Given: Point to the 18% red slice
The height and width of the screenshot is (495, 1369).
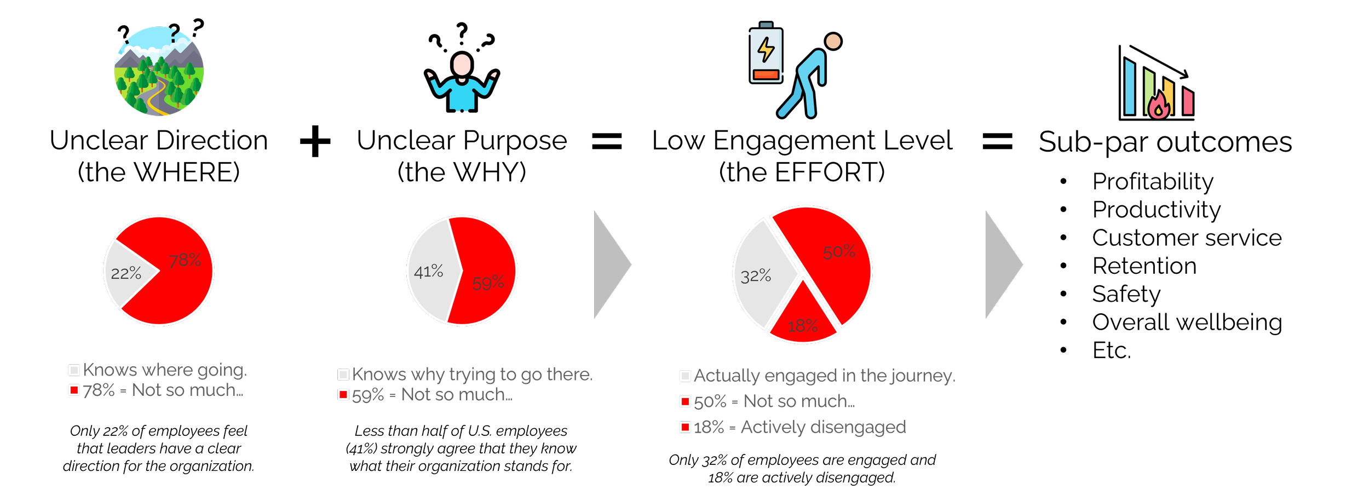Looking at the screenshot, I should tap(803, 320).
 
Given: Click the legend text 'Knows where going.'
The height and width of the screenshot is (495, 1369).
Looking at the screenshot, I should tap(165, 370).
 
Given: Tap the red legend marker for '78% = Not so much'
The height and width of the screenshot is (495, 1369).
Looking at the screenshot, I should tap(74, 390).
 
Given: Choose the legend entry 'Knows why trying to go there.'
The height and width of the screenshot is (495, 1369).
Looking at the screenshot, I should tap(472, 375).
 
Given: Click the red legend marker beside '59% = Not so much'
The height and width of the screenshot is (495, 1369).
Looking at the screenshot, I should tap(343, 395).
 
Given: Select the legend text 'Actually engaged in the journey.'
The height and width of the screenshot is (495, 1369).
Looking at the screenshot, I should tap(824, 376).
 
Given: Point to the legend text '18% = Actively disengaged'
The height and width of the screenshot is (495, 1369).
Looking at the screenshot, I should tap(799, 427).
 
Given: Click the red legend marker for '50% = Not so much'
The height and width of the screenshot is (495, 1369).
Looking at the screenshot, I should tap(685, 402).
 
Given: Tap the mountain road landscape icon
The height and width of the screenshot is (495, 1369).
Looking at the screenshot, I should tap(159, 71).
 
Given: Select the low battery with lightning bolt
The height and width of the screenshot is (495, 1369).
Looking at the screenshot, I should tap(766, 54).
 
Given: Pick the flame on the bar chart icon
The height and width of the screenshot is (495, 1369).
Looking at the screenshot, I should tap(1159, 106).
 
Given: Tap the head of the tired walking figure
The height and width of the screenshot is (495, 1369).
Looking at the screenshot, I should tap(833, 42).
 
